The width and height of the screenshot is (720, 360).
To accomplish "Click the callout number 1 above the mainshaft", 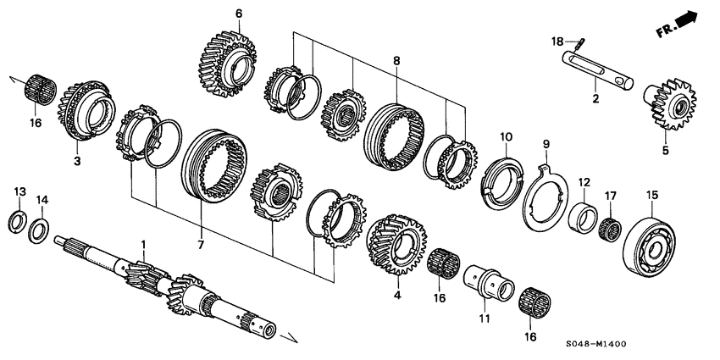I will (x=144, y=246).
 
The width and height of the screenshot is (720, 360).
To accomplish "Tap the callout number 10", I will (x=505, y=136).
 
